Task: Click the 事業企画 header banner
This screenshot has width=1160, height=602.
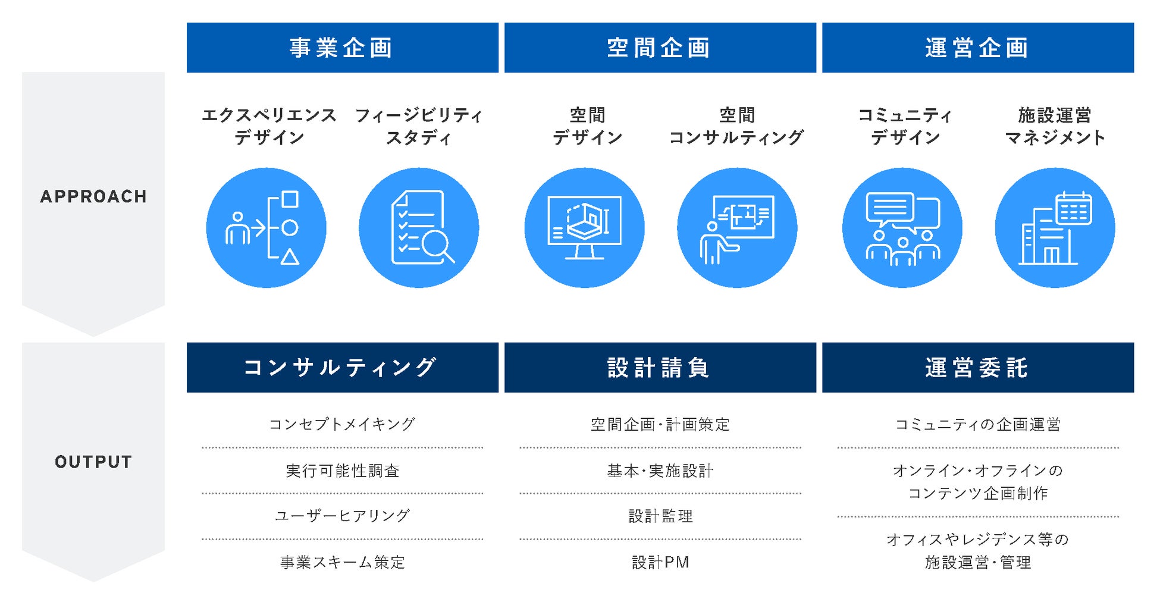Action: click(342, 48)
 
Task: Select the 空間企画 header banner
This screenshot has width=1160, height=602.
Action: click(660, 48)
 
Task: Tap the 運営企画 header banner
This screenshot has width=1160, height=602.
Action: click(977, 48)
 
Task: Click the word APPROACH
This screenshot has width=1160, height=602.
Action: click(93, 197)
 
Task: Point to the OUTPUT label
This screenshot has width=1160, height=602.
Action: click(93, 462)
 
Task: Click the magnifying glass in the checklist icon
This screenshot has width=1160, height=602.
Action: click(438, 245)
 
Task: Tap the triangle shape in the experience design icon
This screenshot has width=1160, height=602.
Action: click(290, 257)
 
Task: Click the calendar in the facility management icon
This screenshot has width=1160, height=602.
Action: click(1074, 209)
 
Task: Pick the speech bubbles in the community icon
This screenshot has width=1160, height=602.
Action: click(902, 211)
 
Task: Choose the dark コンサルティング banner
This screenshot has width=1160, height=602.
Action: click(342, 368)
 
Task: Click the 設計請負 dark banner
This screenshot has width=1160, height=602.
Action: click(660, 368)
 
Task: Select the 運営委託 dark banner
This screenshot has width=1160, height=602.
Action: click(977, 368)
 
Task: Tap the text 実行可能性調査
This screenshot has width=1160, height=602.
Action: click(342, 471)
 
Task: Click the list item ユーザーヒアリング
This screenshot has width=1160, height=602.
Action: click(342, 516)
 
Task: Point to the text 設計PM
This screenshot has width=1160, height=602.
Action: click(660, 562)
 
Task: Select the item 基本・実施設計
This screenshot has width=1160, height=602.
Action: click(660, 471)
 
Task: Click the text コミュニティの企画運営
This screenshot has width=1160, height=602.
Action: click(977, 425)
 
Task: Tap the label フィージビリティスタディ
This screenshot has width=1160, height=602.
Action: click(418, 126)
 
